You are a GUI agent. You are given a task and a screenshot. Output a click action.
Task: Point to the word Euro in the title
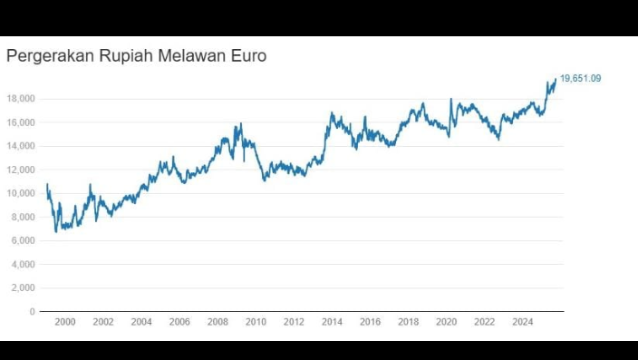248,56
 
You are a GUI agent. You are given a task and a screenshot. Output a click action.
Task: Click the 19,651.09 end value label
580,79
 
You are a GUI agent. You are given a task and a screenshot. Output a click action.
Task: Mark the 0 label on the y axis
32,311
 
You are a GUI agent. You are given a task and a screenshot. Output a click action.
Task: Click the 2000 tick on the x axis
64,322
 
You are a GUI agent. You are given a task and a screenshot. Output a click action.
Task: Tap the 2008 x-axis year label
217,322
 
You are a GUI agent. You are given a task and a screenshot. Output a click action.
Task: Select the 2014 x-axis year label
332,322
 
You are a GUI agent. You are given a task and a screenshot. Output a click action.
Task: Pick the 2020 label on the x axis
446,322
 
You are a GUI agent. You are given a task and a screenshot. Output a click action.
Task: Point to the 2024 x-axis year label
522,322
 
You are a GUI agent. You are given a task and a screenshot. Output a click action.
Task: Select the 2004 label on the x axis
141,322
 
